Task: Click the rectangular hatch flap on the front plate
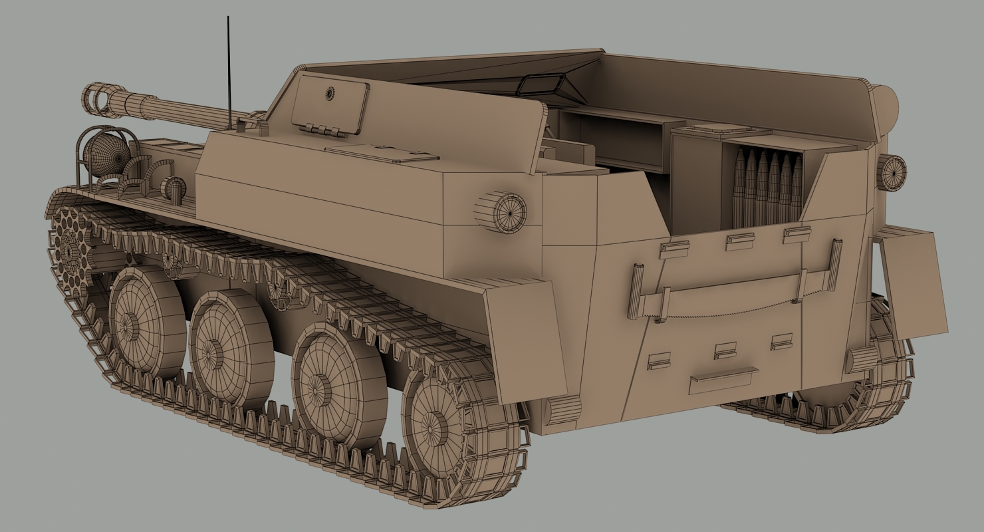pos(330,103)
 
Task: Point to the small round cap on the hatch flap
pos(329,93)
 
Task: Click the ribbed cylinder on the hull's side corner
pos(501,212)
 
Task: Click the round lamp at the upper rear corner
pos(891,172)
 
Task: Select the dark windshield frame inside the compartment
pos(542,84)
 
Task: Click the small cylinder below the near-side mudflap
pos(562,410)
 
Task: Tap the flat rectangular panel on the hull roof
pos(382,154)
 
